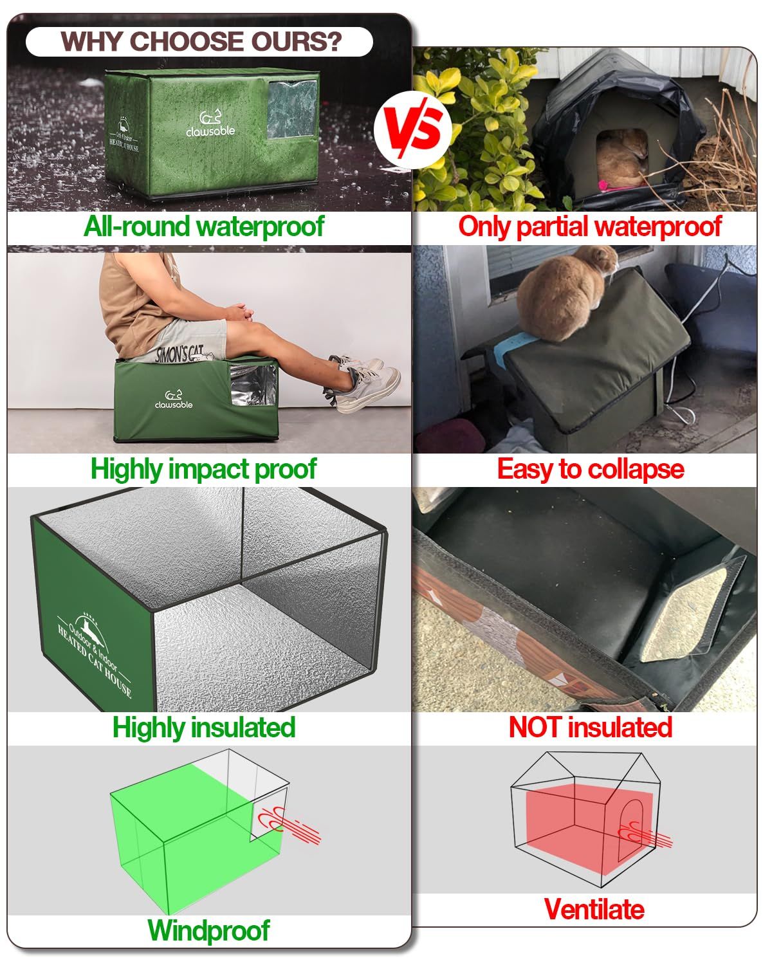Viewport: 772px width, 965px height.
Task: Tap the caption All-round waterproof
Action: tap(204, 227)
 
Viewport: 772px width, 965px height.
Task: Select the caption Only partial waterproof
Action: tap(589, 227)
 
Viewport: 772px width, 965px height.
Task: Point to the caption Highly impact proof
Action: tap(203, 469)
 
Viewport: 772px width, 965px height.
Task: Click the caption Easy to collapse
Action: tap(590, 469)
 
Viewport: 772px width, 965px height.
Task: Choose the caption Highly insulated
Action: tap(204, 728)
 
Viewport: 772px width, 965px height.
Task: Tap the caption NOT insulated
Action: tap(590, 728)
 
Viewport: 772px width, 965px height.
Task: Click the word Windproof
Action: tap(209, 930)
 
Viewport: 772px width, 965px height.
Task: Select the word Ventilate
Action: tap(594, 909)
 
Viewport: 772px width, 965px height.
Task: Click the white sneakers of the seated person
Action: tap(367, 383)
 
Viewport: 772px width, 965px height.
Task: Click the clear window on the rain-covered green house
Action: tap(291, 109)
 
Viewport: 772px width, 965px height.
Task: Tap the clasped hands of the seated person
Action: tap(243, 313)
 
